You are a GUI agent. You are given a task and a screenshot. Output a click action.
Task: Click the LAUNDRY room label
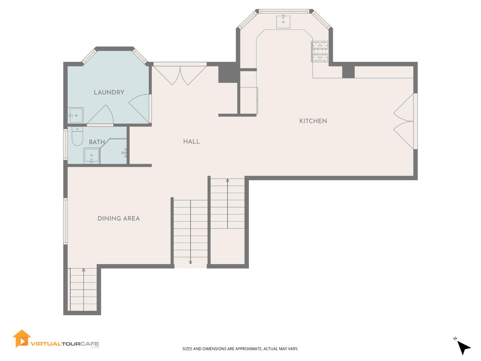(x=109, y=93)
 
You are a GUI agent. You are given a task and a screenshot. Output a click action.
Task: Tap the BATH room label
(x=97, y=142)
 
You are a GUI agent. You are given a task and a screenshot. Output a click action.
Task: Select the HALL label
(x=191, y=142)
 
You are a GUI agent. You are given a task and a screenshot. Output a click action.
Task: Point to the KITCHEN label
(x=313, y=121)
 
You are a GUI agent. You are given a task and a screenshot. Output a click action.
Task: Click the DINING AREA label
(x=119, y=219)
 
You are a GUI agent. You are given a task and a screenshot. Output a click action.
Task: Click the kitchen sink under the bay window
(x=283, y=22)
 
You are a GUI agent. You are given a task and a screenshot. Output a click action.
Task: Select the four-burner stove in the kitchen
(x=320, y=51)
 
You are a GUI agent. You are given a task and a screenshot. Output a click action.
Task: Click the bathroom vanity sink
(x=91, y=156)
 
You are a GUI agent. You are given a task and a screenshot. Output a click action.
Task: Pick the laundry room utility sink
(x=76, y=115)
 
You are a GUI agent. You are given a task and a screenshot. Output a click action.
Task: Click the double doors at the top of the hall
(x=180, y=75)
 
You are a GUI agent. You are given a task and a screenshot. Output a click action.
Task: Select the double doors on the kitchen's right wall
(x=405, y=121)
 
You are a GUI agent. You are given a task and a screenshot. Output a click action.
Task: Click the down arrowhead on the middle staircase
(x=190, y=262)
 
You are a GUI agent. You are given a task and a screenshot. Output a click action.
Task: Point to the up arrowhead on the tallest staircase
(x=227, y=180)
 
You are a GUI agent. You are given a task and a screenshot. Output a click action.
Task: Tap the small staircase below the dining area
(x=83, y=289)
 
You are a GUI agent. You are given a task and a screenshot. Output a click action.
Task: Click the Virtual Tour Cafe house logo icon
(x=22, y=339)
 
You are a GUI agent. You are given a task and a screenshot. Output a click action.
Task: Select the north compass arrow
(x=463, y=347)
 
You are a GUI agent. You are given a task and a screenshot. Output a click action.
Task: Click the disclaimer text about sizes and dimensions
(x=240, y=349)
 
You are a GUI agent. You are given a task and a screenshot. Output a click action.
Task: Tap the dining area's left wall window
(x=65, y=221)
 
